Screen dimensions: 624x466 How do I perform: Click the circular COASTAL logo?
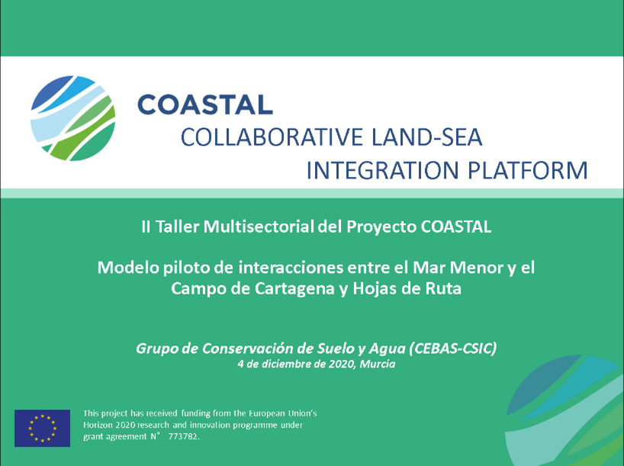tap(72, 118)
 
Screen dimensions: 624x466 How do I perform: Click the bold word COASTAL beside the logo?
tap(205, 104)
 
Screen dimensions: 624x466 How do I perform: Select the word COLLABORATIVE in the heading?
tap(272, 137)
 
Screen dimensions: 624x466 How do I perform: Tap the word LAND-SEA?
tap(426, 137)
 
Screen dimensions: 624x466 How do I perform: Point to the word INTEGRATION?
tap(382, 170)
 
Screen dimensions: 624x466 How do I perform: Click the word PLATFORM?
tap(527, 170)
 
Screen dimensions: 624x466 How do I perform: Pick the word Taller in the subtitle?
tap(177, 227)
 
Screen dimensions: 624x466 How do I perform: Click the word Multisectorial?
tap(259, 227)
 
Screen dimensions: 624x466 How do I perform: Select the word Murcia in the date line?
tap(378, 364)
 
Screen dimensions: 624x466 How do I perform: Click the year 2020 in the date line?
tap(342, 364)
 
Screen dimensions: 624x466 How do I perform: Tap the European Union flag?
tap(42, 428)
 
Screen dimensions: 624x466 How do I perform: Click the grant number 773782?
tap(183, 436)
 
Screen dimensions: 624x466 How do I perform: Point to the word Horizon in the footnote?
tap(98, 425)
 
